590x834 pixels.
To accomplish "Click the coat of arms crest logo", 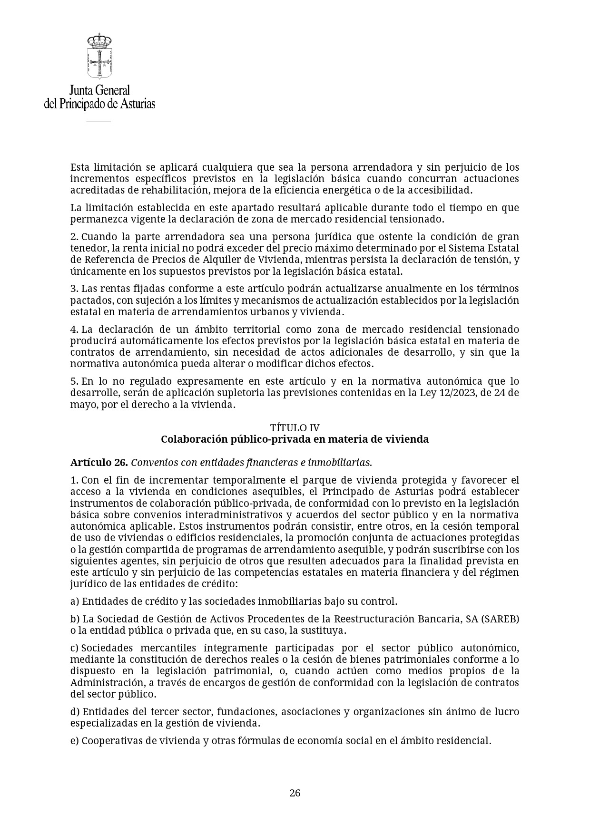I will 99,56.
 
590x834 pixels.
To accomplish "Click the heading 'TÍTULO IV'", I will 295,427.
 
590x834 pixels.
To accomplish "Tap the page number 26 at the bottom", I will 295,793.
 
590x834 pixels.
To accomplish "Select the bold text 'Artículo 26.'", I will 99,462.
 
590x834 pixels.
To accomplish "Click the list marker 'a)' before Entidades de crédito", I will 75,601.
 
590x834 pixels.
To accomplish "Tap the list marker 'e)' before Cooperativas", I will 75,741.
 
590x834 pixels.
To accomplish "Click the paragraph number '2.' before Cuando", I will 74,237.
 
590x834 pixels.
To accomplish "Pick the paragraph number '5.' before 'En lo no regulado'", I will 74,381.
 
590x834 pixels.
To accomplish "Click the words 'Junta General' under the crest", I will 99,90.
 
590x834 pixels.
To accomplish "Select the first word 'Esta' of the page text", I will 80,167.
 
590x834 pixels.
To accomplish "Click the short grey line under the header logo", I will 98,121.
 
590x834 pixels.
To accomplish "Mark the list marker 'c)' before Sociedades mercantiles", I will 75,648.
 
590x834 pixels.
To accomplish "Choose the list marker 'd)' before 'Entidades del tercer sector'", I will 75,712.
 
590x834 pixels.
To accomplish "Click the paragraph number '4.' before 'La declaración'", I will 74,330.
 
